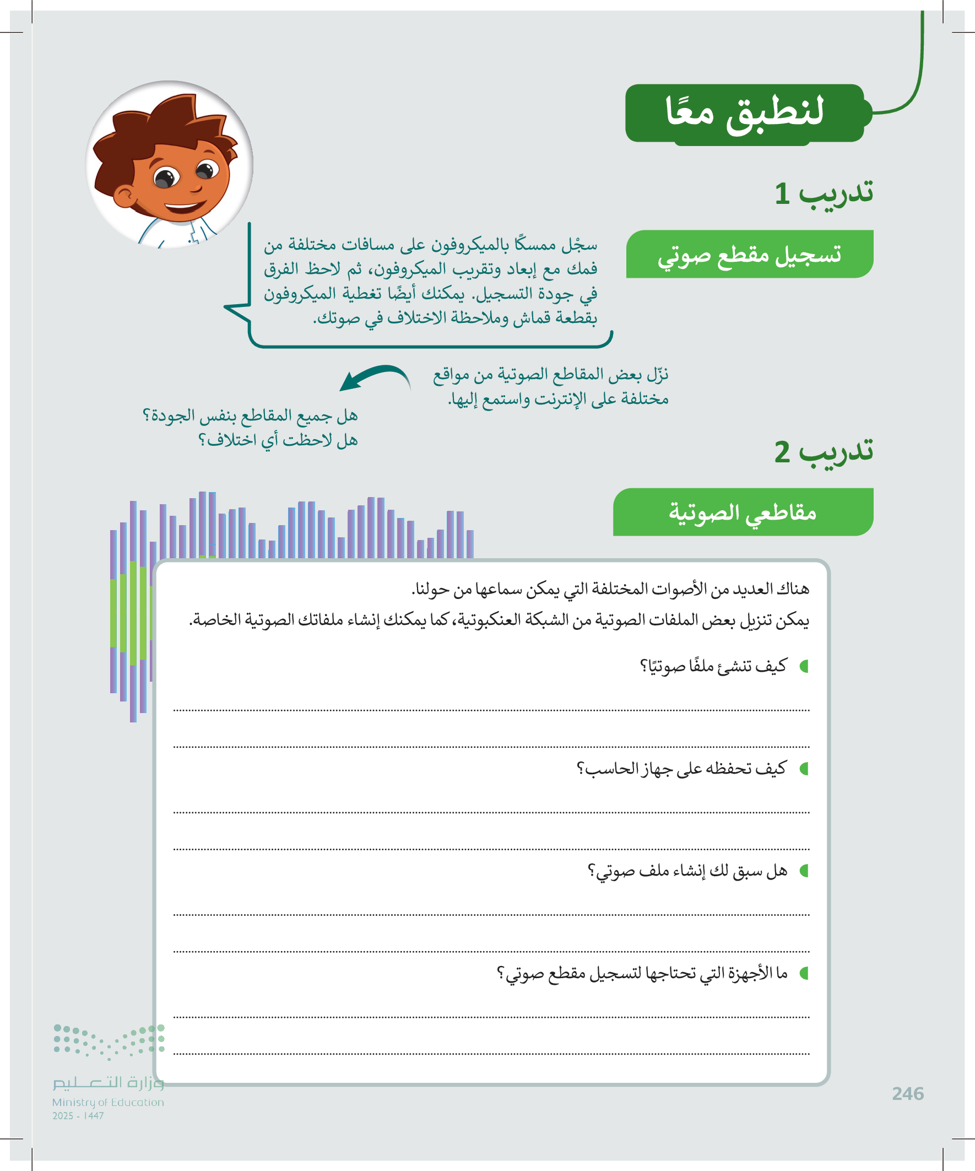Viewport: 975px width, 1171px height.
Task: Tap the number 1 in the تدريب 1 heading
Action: [x=782, y=194]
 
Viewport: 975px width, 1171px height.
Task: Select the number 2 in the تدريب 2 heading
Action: [x=782, y=452]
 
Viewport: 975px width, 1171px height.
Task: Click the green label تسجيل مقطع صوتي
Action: [x=749, y=255]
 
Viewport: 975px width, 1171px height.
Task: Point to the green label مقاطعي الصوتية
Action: [x=743, y=512]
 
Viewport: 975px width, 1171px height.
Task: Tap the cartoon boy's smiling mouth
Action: [x=185, y=208]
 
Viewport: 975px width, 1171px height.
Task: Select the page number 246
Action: [x=908, y=1093]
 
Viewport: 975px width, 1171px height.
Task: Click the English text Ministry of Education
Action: [x=108, y=1102]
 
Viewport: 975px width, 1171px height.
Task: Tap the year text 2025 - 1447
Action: [x=78, y=1116]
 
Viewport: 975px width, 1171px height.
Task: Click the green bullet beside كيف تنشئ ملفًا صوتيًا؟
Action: [x=804, y=666]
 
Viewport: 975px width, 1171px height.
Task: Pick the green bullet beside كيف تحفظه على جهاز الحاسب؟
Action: [x=804, y=769]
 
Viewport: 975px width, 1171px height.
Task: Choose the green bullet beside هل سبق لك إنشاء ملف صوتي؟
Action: [x=804, y=871]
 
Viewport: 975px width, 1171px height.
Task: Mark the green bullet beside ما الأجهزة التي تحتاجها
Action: [x=804, y=973]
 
